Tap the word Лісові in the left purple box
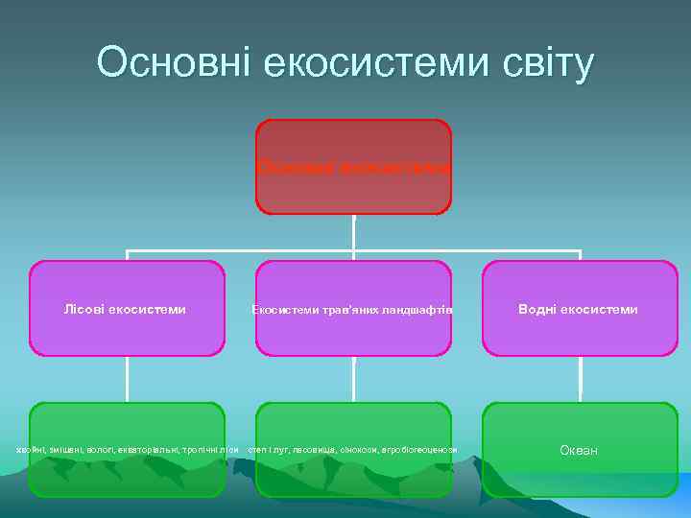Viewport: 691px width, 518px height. pyautogui.click(x=84, y=309)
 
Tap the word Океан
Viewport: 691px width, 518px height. pyautogui.click(x=579, y=450)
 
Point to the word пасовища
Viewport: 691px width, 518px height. pyautogui.click(x=313, y=450)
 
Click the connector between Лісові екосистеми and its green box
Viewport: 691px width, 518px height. pyautogui.click(x=127, y=379)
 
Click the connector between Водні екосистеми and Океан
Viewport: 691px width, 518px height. pyautogui.click(x=580, y=379)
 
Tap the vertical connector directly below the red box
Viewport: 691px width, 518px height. pyautogui.click(x=353, y=232)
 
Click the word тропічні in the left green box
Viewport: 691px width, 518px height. pyautogui.click(x=198, y=450)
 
